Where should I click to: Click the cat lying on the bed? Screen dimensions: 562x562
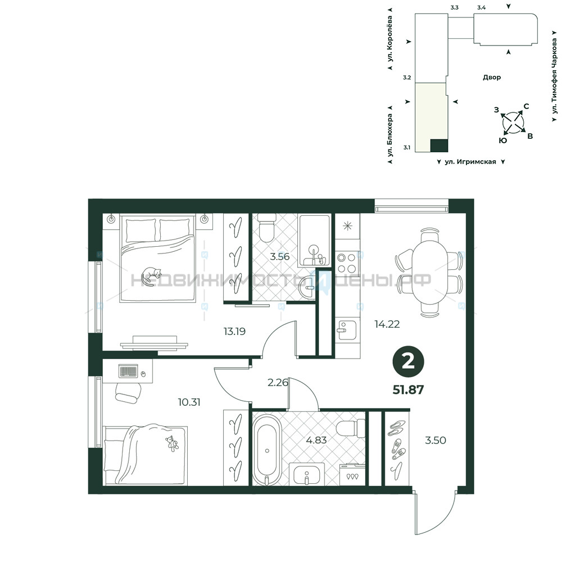(151, 276)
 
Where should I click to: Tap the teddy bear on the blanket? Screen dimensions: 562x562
(172, 443)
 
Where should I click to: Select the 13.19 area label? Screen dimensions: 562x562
(234, 332)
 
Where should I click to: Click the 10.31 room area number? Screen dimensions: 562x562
(189, 402)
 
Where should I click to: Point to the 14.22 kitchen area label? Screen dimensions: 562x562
(387, 324)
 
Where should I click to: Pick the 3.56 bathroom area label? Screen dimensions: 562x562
(279, 257)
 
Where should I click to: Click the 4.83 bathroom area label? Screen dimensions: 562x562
(316, 440)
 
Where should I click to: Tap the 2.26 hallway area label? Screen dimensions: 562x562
(278, 383)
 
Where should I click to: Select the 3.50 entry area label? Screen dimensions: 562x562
(436, 440)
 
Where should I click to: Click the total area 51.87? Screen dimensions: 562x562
(408, 389)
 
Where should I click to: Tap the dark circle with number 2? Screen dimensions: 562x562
(408, 362)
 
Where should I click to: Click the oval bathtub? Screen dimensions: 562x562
(267, 450)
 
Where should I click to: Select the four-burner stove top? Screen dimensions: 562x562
(347, 262)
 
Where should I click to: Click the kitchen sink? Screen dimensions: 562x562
(346, 330)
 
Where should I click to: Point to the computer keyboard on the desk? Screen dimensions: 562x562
(128, 371)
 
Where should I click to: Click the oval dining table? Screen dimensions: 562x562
(429, 272)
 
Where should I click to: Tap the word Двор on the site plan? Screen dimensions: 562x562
(492, 77)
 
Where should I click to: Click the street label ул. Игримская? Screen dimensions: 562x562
(470, 162)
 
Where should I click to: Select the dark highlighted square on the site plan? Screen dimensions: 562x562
(439, 146)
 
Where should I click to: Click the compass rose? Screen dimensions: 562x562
(513, 123)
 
